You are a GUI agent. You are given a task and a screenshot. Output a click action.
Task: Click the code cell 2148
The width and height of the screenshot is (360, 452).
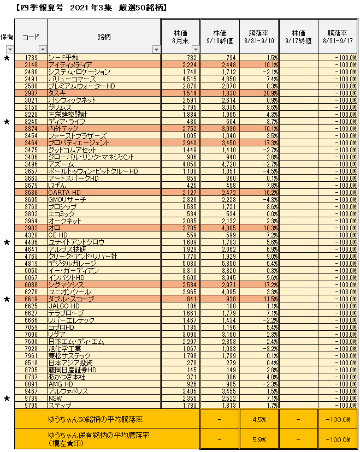[x=31, y=64]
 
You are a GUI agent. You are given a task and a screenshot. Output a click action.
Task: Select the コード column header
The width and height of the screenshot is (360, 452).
[x=31, y=36]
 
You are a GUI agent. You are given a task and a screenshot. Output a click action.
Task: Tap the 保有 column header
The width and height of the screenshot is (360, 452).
[x=7, y=36]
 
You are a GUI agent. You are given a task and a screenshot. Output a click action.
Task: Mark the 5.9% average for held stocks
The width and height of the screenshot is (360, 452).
[x=259, y=439]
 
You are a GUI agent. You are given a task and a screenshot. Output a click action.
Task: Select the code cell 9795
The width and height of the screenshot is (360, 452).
[x=31, y=405]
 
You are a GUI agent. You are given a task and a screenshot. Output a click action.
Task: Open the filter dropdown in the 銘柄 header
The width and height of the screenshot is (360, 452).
[x=155, y=49]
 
